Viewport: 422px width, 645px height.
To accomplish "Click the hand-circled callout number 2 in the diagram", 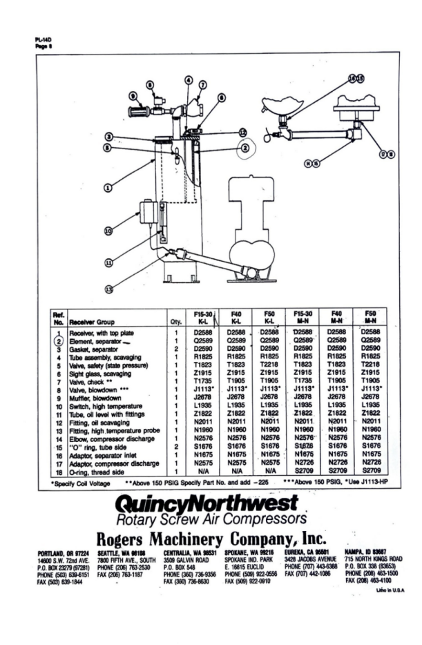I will pyautogui.click(x=245, y=147).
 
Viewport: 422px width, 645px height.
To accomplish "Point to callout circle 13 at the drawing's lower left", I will pyautogui.click(x=108, y=289).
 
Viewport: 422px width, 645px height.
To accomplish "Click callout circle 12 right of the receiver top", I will pyautogui.click(x=242, y=132).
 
